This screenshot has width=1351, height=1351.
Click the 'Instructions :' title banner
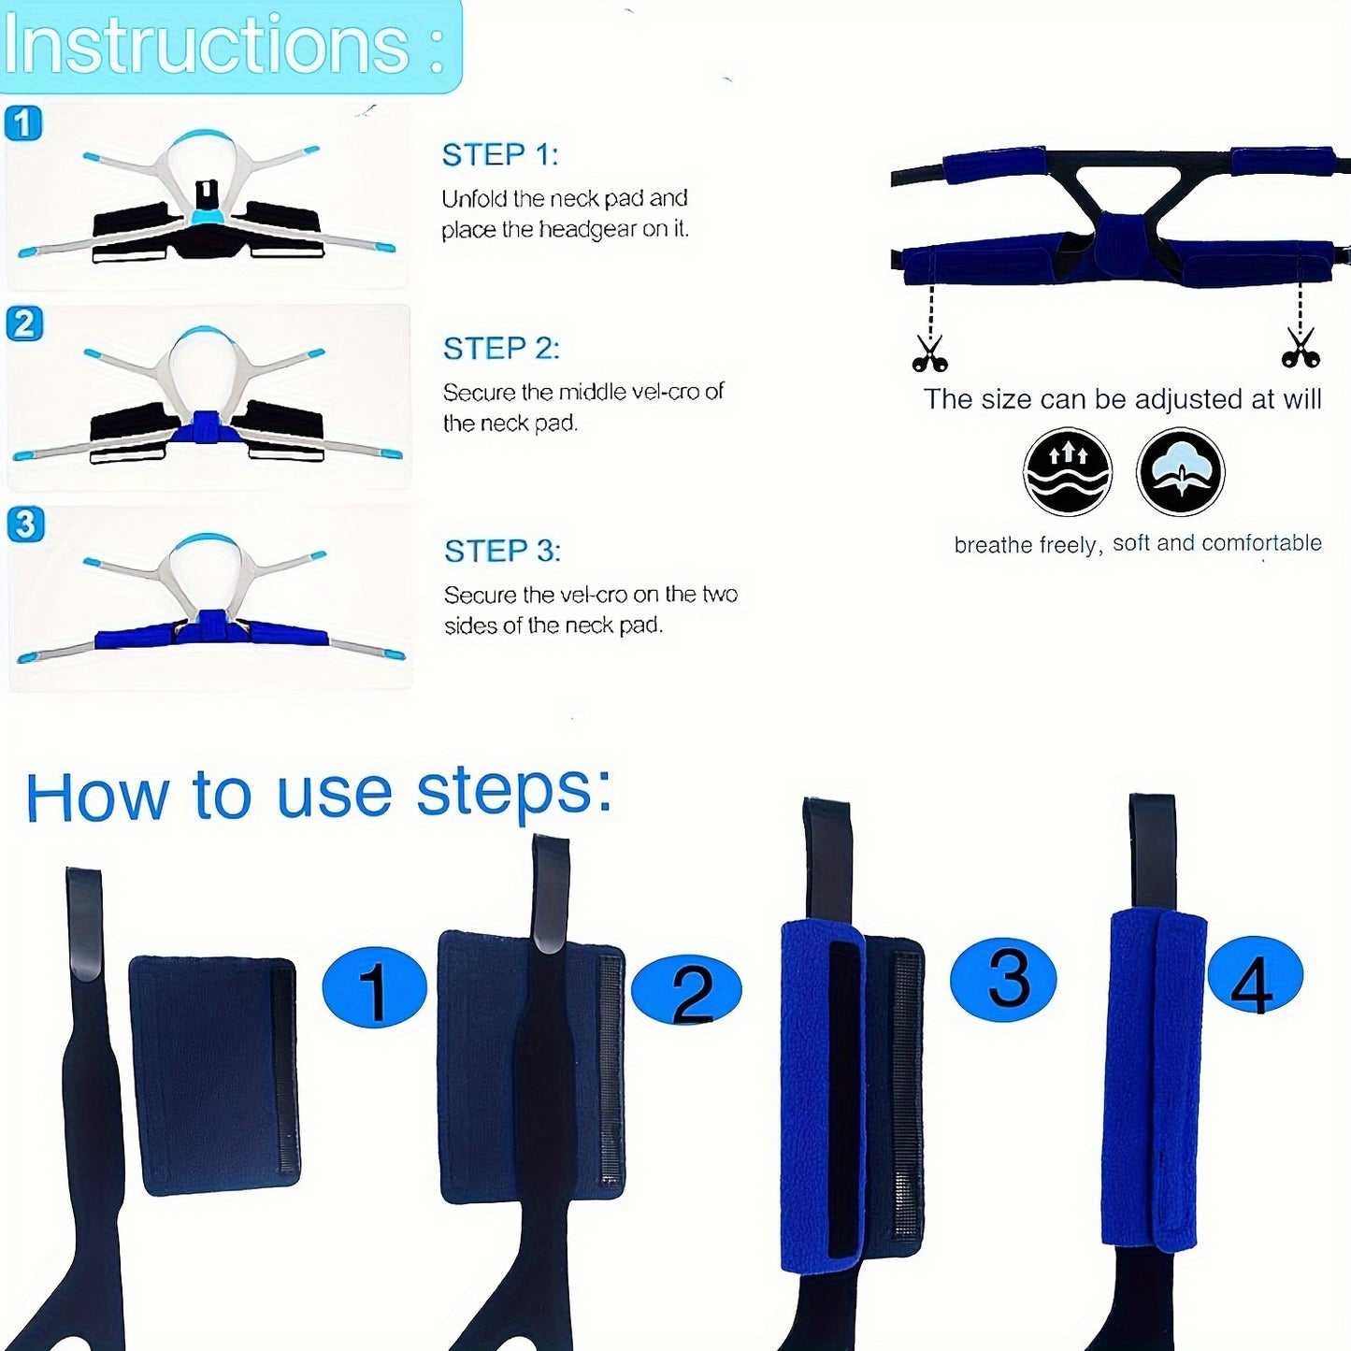(230, 46)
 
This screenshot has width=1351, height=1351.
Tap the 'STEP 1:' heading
(500, 155)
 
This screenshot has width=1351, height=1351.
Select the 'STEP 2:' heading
(501, 349)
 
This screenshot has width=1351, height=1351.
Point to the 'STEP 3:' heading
(503, 551)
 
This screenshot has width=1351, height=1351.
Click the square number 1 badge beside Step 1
(23, 123)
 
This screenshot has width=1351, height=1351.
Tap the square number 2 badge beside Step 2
(24, 323)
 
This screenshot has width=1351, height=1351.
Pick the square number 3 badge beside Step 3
(26, 525)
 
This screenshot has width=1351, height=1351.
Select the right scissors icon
(1301, 348)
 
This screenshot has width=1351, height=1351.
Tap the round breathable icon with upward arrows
(1067, 472)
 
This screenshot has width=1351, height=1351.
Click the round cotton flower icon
(1181, 472)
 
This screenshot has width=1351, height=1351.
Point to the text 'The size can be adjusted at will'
(1122, 399)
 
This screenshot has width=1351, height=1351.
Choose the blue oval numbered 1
(374, 987)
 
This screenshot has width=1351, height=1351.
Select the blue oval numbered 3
(1002, 980)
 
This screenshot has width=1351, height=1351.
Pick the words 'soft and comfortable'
(1217, 542)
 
